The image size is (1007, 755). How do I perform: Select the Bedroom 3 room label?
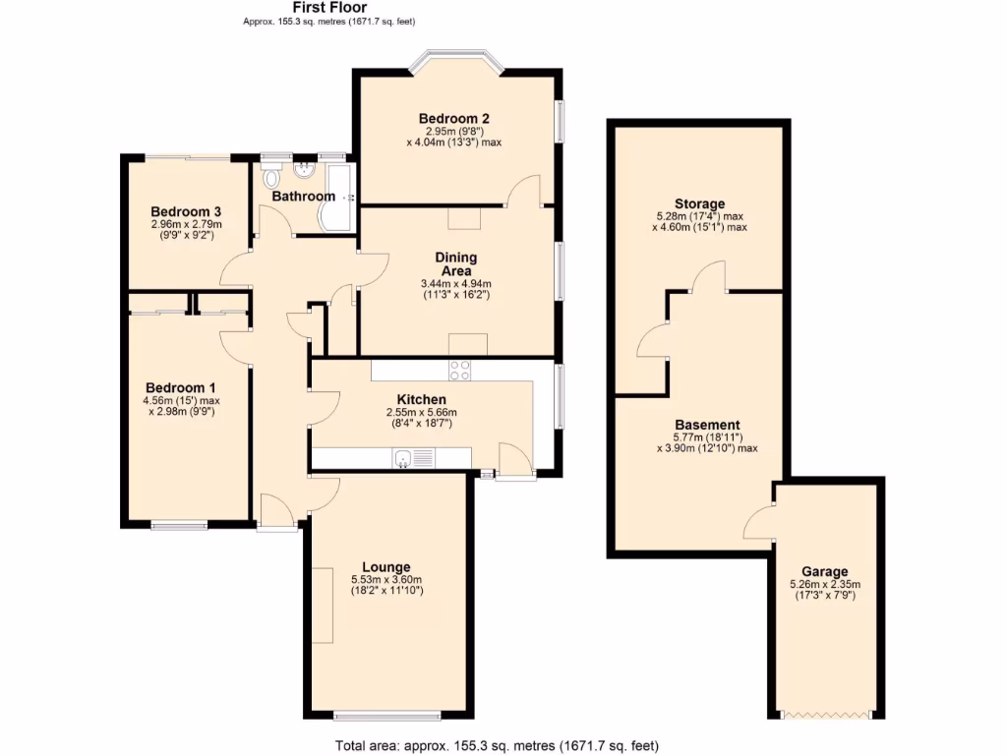tap(185, 211)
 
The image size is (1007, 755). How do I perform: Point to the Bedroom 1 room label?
tap(180, 387)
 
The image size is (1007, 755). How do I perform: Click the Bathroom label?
tap(303, 197)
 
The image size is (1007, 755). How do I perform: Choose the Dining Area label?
tap(455, 263)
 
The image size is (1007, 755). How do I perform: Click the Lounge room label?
tap(385, 566)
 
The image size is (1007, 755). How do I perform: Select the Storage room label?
tap(699, 203)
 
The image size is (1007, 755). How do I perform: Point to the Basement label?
tap(707, 425)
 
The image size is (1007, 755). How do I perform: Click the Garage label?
tap(824, 571)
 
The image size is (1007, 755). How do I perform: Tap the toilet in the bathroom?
tap(272, 177)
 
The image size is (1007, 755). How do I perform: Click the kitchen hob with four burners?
tap(459, 371)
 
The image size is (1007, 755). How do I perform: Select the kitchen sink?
tap(404, 457)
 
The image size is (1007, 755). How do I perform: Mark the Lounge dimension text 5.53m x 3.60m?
tap(385, 579)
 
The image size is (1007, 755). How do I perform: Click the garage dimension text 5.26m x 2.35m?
tap(824, 584)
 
